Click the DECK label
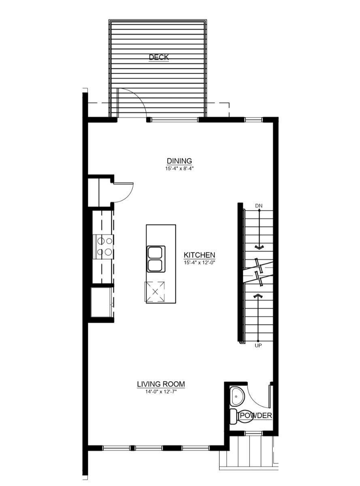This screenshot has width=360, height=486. point(159,57)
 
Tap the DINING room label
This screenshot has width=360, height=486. point(179,161)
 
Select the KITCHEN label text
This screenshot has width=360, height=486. point(199,255)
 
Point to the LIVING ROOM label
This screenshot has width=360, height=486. point(161,384)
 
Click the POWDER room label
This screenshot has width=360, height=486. point(256,416)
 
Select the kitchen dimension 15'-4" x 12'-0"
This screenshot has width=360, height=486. point(199,262)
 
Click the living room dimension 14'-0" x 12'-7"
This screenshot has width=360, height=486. point(161,391)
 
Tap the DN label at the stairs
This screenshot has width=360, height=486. point(259,206)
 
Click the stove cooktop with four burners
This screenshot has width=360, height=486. point(103,247)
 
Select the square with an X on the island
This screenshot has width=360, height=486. point(155,291)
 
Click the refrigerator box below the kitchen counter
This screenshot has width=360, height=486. point(101,301)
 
